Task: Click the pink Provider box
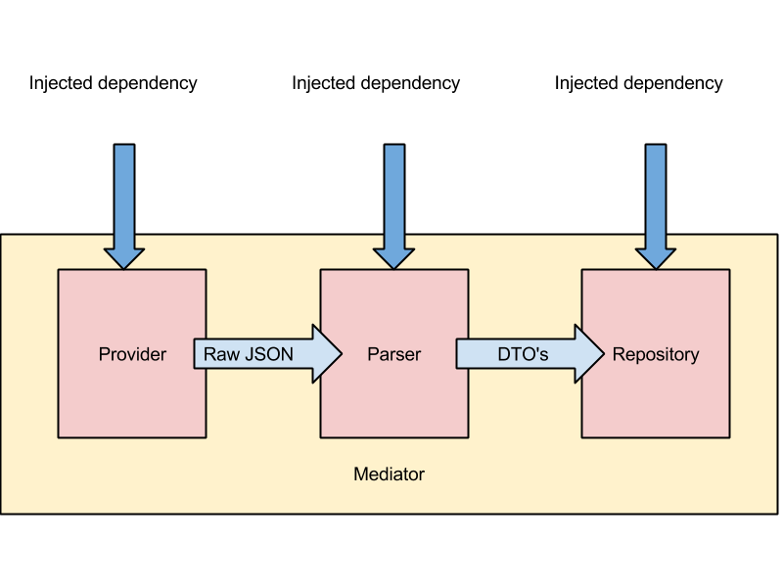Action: (x=131, y=401)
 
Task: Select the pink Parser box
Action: (x=393, y=401)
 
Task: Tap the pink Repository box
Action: (x=655, y=401)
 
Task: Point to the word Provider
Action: (x=132, y=354)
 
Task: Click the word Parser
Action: (x=393, y=354)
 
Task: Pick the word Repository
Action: (x=656, y=354)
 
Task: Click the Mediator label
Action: (x=389, y=474)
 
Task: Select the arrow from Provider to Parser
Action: (x=264, y=354)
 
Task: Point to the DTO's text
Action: (x=524, y=354)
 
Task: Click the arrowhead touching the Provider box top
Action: (x=124, y=258)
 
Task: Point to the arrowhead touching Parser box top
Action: (x=393, y=258)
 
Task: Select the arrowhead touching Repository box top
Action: (x=656, y=258)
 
